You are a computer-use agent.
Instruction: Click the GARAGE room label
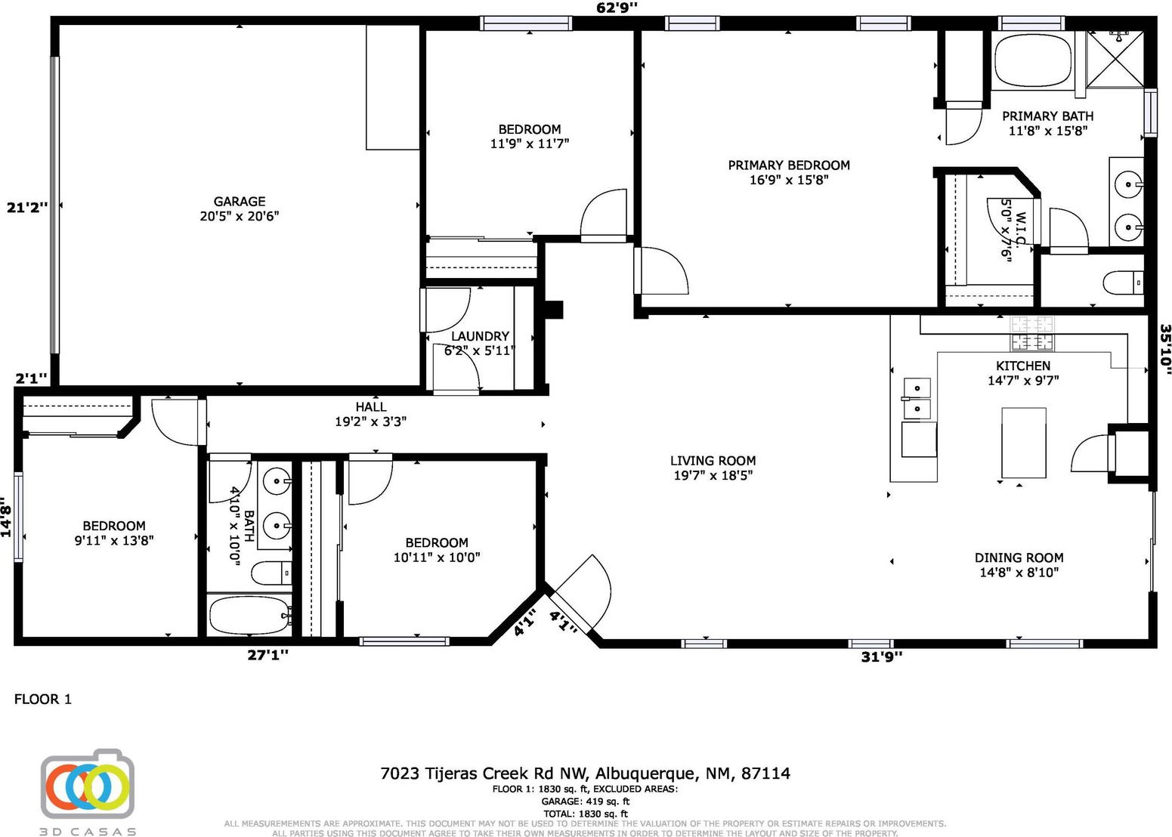[x=239, y=202]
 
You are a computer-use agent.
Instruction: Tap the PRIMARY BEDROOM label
[x=788, y=165]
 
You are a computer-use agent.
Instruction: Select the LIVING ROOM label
[x=713, y=461]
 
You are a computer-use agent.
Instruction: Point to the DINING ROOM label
[x=1019, y=557]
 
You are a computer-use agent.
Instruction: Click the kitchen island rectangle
[x=1024, y=443]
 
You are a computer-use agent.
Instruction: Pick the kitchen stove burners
[x=1032, y=334]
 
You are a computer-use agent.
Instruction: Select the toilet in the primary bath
[x=1123, y=283]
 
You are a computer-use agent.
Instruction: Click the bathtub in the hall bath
[x=249, y=616]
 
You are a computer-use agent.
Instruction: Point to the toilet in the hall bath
[x=271, y=573]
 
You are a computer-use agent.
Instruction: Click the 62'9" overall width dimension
[x=617, y=8]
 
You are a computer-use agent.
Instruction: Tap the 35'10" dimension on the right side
[x=1164, y=350]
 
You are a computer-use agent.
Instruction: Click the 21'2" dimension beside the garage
[x=26, y=208]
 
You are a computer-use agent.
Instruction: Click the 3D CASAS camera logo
[x=88, y=785]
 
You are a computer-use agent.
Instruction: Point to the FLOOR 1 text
[x=43, y=700]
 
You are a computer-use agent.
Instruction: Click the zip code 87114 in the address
[x=765, y=774]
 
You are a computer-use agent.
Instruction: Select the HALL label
[x=371, y=406]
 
